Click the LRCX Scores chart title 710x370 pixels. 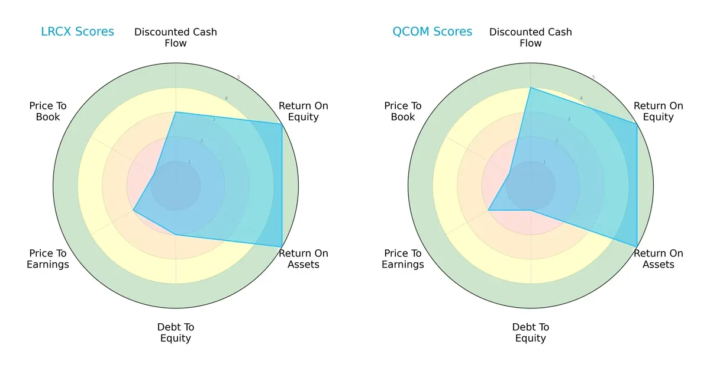coord(78,32)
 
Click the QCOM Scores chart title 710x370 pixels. coord(433,32)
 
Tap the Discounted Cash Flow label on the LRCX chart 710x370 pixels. coord(176,37)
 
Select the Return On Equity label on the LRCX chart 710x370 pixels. coord(304,111)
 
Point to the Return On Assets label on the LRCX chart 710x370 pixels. coord(304,259)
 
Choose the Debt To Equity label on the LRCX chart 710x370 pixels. coord(176,333)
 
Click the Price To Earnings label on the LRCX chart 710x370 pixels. coord(48,259)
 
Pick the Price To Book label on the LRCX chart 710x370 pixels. coord(48,111)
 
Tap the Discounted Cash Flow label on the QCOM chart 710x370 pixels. coord(531,37)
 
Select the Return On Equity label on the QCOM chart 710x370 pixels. coord(659,111)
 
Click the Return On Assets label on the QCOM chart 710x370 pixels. coord(659,259)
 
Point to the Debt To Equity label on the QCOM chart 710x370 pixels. coord(531,333)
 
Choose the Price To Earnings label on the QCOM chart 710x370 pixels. coord(403,259)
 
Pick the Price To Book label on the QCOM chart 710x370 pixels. coord(403,111)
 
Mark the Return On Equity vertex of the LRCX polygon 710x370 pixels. coord(282,124)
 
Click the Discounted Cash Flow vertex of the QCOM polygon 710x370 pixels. coord(531,88)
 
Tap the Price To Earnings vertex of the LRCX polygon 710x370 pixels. coord(134,210)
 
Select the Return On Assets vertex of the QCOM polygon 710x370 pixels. coord(637,246)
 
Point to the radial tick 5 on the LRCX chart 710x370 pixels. coord(238,78)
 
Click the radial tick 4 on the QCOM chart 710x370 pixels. coord(581,98)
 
